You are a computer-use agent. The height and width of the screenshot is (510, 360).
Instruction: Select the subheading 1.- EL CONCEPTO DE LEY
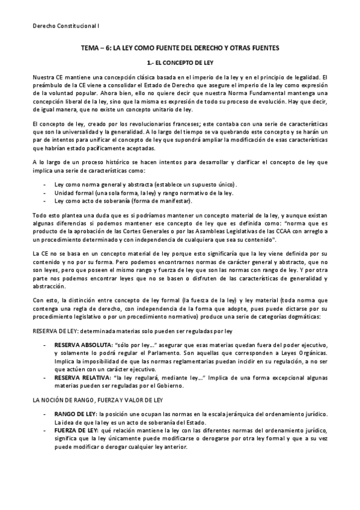tap(180, 63)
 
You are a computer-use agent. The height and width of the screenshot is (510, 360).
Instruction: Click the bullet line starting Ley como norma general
tap(145, 184)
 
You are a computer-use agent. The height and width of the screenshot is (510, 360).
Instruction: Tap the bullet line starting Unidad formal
tap(144, 192)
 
